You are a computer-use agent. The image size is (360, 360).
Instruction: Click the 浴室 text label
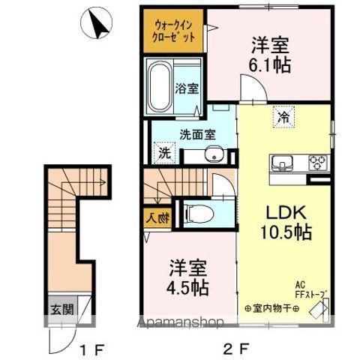pos(187,88)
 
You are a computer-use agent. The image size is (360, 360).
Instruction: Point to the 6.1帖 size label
pos(270,64)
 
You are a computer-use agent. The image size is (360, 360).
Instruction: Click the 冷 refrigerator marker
pos(283,117)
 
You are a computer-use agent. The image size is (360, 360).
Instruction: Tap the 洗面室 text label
pos(197,135)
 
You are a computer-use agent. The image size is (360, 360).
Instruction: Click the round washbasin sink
pos(213,156)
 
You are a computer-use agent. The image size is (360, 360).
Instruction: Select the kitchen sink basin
pos(284,160)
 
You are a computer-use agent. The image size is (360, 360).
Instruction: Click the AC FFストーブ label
pos(310,290)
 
